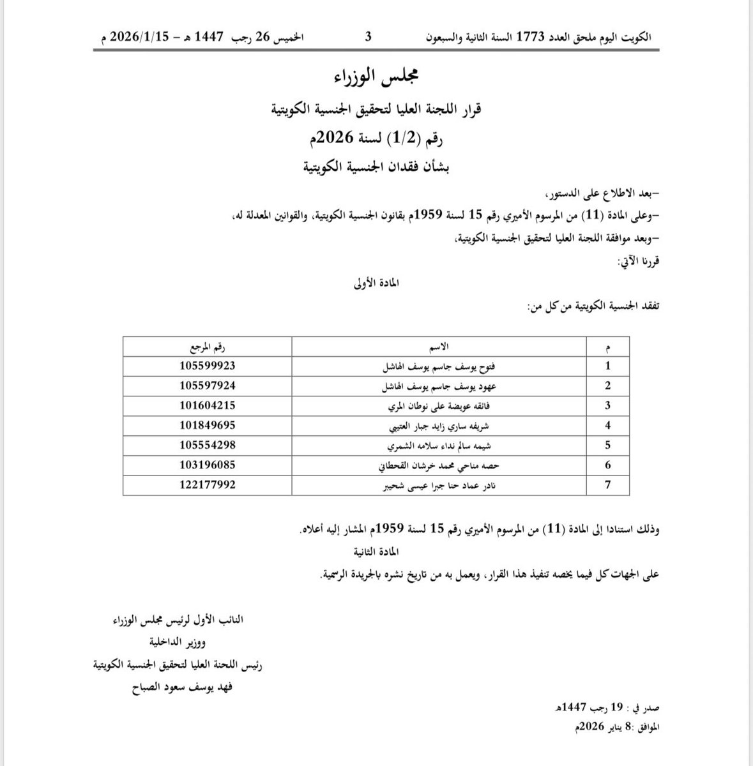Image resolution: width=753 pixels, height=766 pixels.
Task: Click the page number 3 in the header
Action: [368, 37]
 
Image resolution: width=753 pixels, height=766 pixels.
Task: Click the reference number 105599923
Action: [208, 366]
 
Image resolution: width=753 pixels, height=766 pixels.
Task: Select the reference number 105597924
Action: [208, 386]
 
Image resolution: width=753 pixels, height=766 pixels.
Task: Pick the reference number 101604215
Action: [208, 405]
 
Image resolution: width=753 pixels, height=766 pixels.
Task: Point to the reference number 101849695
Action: [208, 425]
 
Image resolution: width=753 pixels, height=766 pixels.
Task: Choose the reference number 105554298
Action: [208, 445]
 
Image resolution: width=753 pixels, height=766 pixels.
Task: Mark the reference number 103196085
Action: [208, 465]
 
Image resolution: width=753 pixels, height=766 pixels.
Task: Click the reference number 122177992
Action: [208, 484]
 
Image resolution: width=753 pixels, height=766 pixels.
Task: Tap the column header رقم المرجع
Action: [208, 347]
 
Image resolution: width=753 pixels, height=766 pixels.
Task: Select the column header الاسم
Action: [440, 347]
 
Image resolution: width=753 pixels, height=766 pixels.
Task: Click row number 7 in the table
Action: [608, 484]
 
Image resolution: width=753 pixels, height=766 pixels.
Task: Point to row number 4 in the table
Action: [608, 425]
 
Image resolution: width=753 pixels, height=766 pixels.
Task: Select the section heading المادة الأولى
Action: [376, 283]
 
